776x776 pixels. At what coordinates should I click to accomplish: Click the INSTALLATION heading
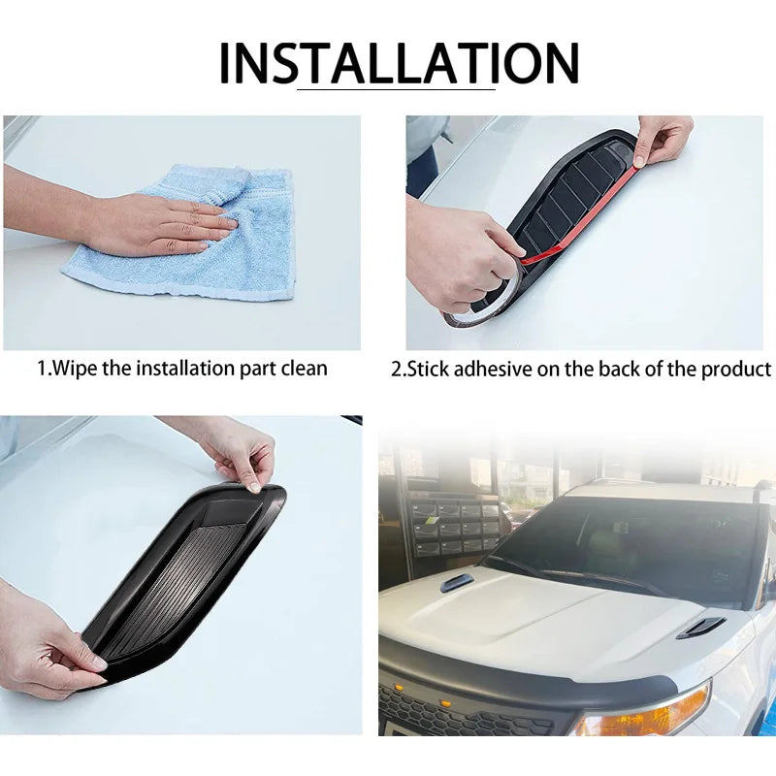399,64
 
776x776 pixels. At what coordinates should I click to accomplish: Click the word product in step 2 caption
740,370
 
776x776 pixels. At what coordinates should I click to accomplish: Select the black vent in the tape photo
567,209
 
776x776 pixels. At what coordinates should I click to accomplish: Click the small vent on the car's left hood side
457,583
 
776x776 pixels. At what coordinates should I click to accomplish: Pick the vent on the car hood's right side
700,628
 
